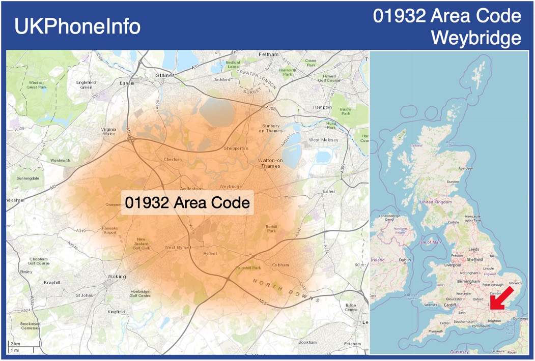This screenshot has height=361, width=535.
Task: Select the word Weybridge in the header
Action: [x=475, y=38]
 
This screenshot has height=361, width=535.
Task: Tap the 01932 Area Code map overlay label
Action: [x=187, y=203]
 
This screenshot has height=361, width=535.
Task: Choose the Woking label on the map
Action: [x=116, y=277]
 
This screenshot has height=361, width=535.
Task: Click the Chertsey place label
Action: [x=173, y=160]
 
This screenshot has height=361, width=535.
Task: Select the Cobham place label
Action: [x=280, y=265]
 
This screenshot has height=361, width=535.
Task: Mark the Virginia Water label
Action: [x=108, y=131]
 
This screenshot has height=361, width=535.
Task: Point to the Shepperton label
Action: [x=236, y=148]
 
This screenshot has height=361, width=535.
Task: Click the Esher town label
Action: [x=329, y=192]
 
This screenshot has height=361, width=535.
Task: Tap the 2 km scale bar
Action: [x=20, y=346]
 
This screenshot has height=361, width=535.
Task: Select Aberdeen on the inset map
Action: [x=465, y=168]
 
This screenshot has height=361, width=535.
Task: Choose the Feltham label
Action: [x=269, y=54]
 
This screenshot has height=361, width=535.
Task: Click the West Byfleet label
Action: [x=178, y=248]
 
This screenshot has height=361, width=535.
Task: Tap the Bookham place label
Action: [x=308, y=342]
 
